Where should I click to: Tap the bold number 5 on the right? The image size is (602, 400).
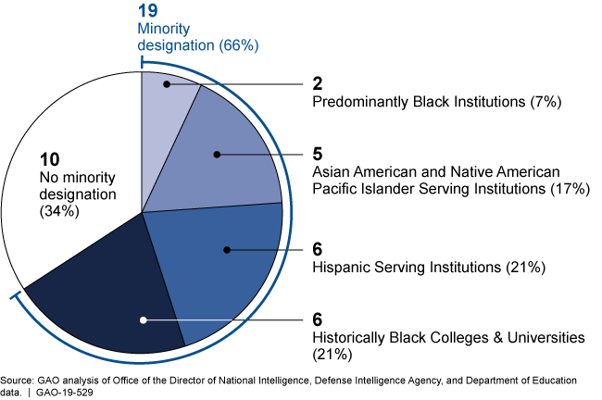coord(318,153)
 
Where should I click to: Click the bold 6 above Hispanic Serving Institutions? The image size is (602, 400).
coord(318,249)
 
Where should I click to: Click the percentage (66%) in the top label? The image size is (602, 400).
coord(237,44)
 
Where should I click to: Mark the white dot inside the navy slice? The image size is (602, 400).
coord(143,320)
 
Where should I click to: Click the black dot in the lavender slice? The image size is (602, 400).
coord(167,85)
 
